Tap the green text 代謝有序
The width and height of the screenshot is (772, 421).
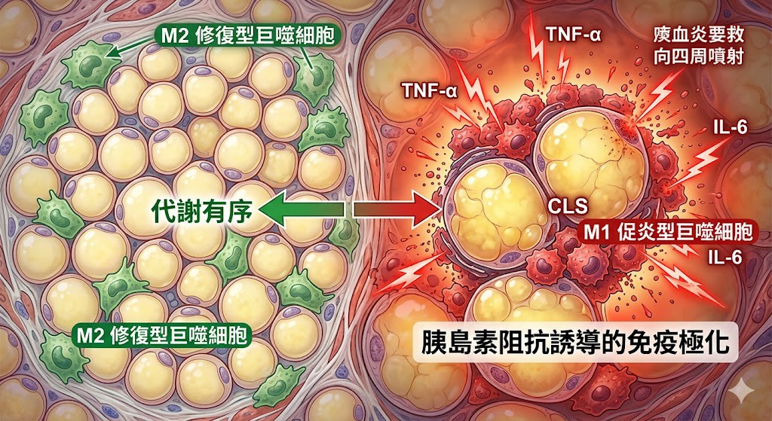point(202,211)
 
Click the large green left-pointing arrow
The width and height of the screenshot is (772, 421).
point(302,211)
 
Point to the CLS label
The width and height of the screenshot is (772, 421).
point(569,206)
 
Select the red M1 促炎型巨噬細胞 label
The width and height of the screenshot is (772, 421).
point(668,233)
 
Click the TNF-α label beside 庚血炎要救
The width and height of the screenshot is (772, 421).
point(573,35)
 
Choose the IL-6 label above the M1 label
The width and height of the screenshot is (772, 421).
point(730,127)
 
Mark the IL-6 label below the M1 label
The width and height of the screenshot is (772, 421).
point(724,258)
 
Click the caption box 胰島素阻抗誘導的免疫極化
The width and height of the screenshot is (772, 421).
point(574,343)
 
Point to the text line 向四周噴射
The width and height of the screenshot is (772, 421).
point(699,56)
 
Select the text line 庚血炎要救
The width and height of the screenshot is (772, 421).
point(699,35)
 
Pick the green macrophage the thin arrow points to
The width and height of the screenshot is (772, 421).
point(89,65)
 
